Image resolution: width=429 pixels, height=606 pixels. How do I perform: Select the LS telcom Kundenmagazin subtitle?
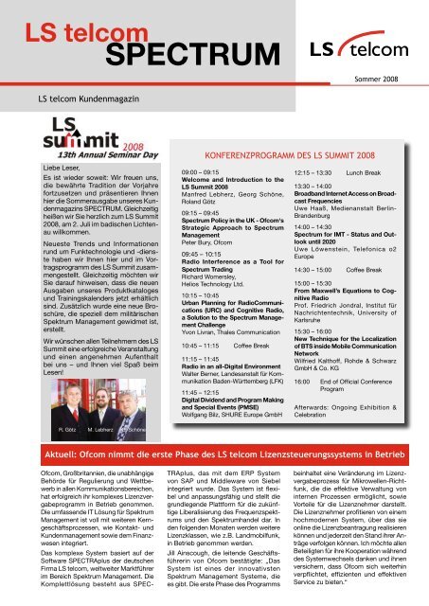tap(91, 98)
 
